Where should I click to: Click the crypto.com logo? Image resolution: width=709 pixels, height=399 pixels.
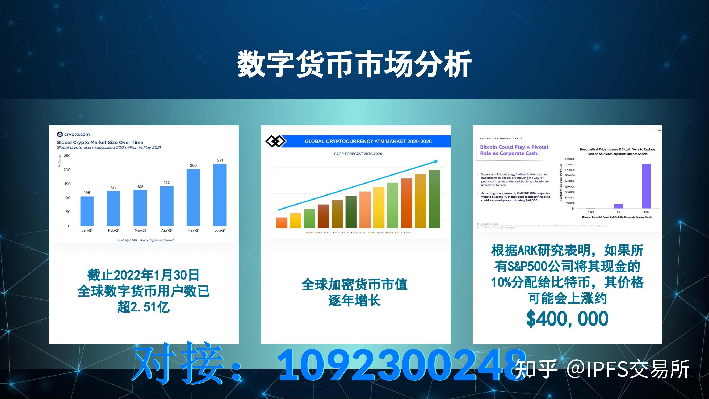[73, 134]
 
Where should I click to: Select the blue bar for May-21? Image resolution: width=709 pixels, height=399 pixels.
[193, 197]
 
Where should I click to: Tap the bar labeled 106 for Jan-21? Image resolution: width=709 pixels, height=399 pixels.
[87, 211]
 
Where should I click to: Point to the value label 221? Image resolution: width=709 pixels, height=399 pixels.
[220, 160]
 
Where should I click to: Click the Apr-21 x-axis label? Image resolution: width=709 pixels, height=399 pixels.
[167, 230]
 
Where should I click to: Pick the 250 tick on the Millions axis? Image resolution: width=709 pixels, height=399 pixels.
[67, 156]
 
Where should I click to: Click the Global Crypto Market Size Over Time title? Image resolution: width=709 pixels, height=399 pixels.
[100, 142]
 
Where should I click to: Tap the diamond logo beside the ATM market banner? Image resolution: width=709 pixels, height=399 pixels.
[275, 141]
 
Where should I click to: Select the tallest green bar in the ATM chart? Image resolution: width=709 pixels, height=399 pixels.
[434, 199]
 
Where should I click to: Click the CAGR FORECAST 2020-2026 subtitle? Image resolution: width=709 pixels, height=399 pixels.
[358, 154]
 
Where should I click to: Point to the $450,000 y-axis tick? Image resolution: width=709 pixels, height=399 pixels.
[569, 159]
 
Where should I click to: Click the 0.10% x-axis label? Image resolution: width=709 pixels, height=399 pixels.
[591, 212]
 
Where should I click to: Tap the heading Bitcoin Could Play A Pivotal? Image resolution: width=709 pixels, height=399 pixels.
[514, 147]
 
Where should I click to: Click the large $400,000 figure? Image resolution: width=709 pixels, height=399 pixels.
[567, 319]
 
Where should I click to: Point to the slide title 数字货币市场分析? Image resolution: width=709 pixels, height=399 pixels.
[355, 64]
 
